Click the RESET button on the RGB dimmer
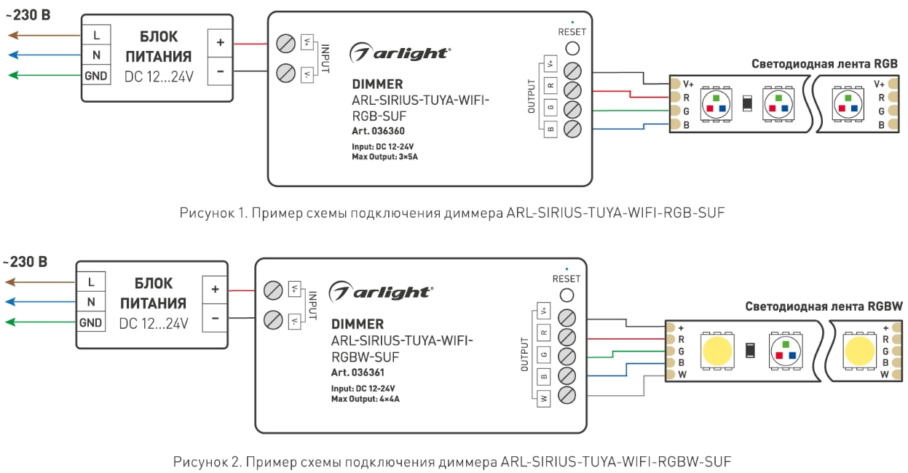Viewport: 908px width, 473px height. pos(572,49)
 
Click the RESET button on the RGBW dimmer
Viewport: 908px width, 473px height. pos(566,295)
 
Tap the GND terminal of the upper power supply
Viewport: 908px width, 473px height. pos(96,76)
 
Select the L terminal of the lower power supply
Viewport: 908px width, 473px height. pos(91,282)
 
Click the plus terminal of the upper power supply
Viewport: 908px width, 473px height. pos(221,43)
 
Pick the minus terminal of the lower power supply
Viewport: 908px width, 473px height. pos(215,319)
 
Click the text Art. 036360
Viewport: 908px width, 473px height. pos(378,131)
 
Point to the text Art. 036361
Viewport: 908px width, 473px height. pos(358,373)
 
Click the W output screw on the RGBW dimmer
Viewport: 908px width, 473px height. pos(567,395)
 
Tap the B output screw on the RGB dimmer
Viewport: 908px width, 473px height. pos(573,129)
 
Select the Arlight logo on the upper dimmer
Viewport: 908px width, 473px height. pos(400,53)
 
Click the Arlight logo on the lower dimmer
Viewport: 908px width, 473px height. pos(379,292)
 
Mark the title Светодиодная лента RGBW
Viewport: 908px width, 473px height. pos(824,306)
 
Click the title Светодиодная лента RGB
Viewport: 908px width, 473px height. pos(824,64)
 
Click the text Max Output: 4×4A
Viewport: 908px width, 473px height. pos(366,399)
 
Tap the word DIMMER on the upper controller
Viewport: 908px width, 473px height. pos(377,84)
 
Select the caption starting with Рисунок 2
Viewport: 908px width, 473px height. pos(451,461)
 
